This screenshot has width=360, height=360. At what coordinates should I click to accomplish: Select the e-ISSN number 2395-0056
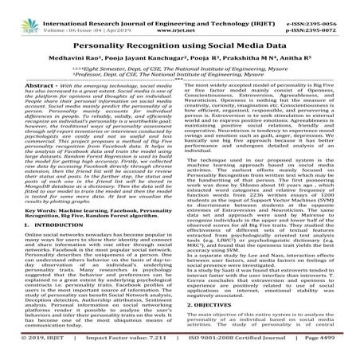(334, 7)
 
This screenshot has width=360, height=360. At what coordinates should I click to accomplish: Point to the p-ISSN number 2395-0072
(334, 16)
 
